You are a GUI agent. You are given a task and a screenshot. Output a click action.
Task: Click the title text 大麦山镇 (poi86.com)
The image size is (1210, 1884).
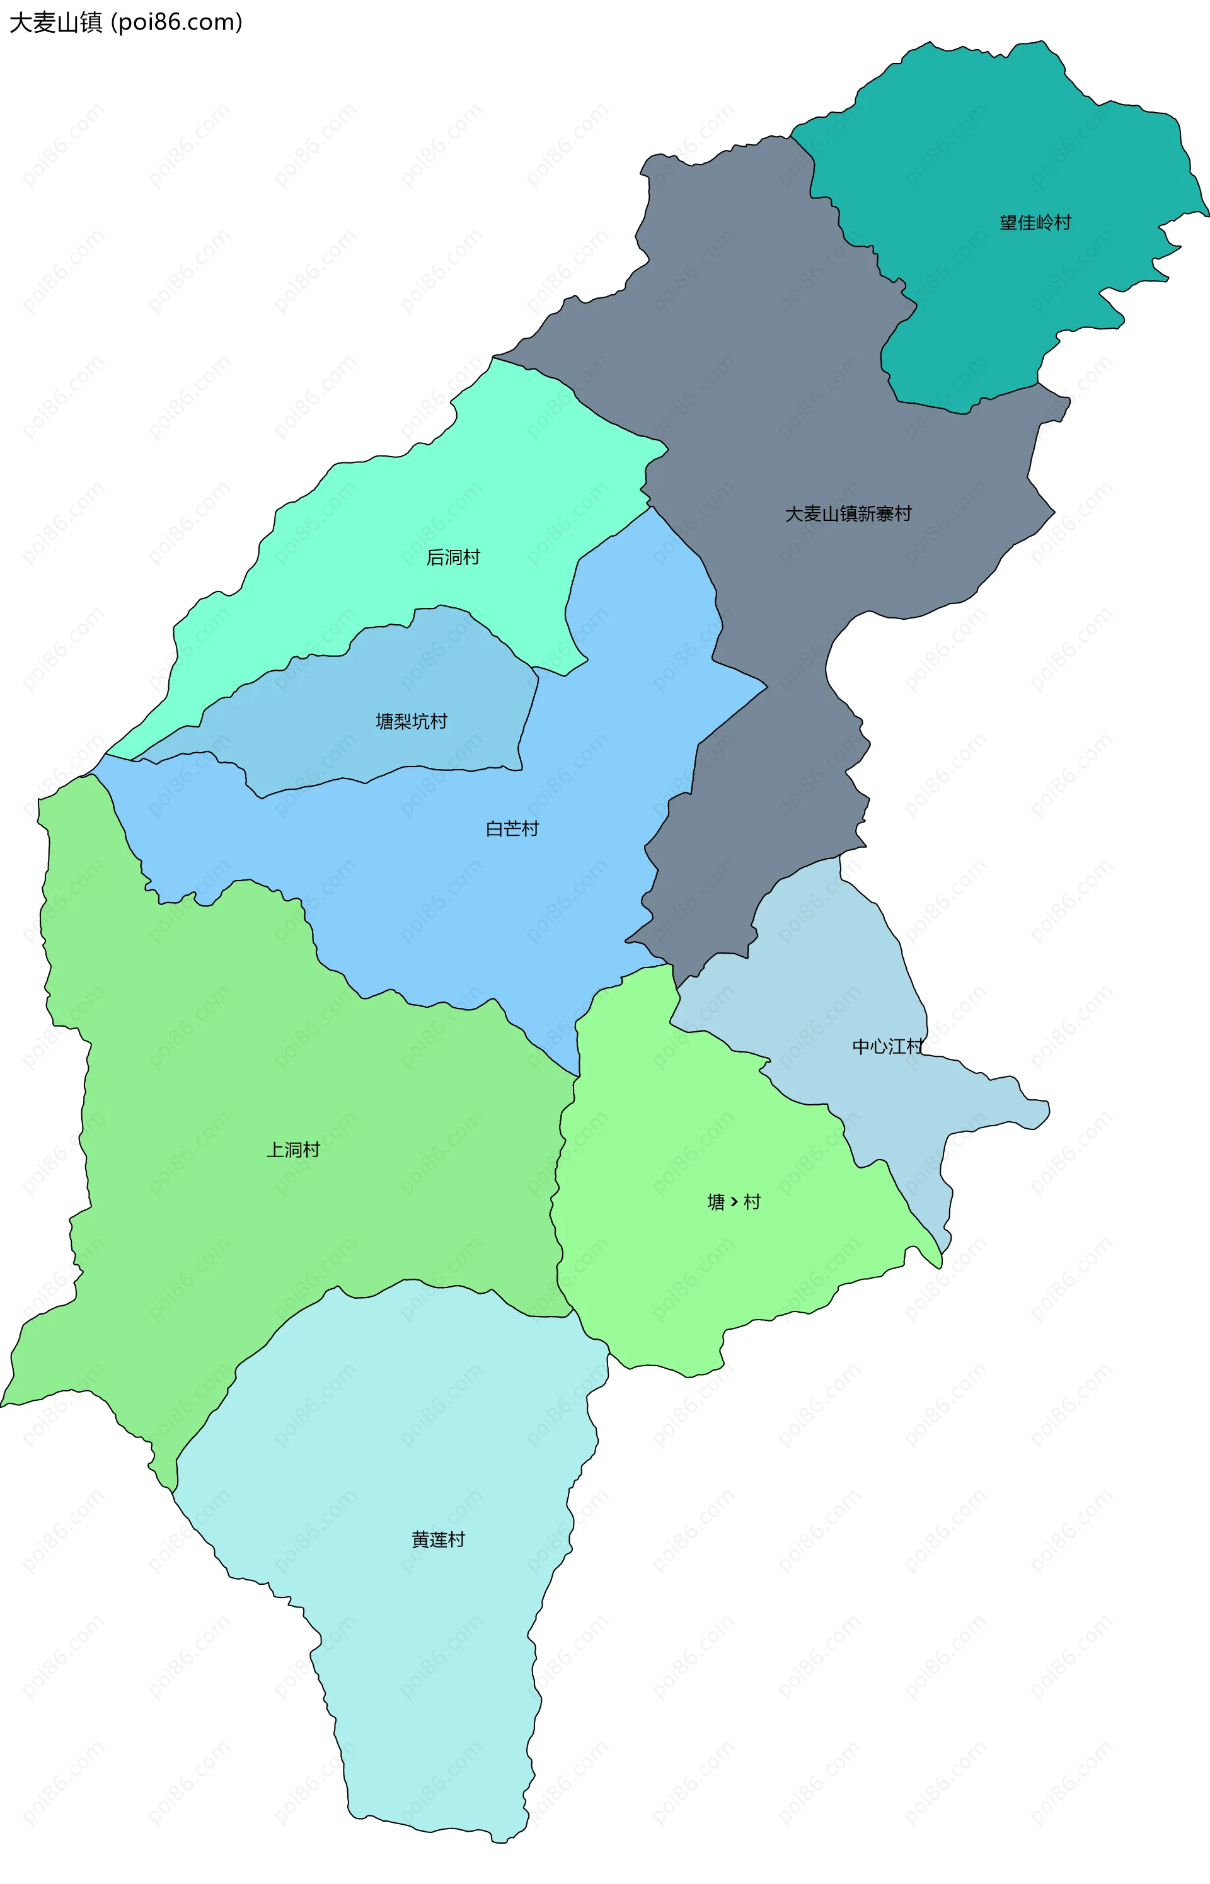pyautogui.click(x=125, y=22)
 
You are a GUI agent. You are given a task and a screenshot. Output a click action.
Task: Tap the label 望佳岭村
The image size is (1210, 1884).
pyautogui.click(x=1035, y=223)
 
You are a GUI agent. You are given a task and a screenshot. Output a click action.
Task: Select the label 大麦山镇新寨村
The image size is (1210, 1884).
pyautogui.click(x=848, y=513)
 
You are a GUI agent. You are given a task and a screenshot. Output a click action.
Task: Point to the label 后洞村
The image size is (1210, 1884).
pyautogui.click(x=452, y=557)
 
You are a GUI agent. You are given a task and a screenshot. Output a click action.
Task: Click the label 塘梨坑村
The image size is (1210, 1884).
pyautogui.click(x=411, y=721)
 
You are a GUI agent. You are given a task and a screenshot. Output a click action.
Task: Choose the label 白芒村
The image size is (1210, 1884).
pyautogui.click(x=512, y=828)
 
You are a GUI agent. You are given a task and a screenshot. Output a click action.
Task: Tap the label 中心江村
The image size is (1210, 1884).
pyautogui.click(x=887, y=1046)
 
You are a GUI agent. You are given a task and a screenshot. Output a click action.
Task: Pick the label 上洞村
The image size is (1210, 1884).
pyautogui.click(x=293, y=1150)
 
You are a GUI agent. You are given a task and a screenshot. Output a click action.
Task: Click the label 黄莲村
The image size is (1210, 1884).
pyautogui.click(x=437, y=1539)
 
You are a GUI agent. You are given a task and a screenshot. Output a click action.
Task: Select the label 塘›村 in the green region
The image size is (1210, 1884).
pyautogui.click(x=734, y=1202)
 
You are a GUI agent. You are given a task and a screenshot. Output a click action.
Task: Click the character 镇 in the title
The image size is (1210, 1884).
pyautogui.click(x=90, y=22)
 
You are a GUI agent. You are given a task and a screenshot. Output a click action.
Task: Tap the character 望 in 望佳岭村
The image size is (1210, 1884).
pyautogui.click(x=1008, y=223)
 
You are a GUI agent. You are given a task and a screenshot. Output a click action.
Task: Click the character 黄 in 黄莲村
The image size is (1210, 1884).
pyautogui.click(x=420, y=1539)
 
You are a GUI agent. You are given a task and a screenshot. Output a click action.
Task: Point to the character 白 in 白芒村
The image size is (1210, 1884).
pyautogui.click(x=494, y=828)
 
